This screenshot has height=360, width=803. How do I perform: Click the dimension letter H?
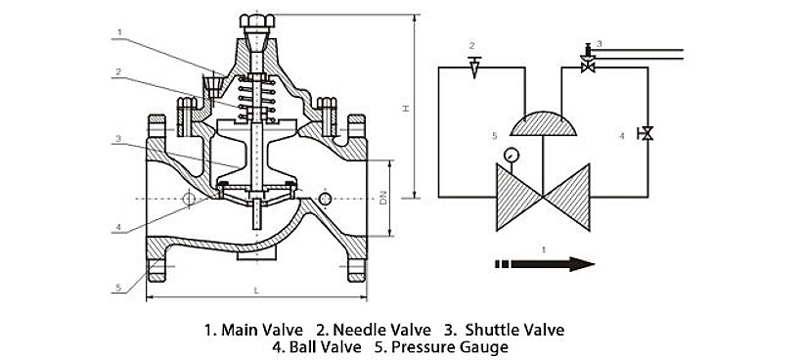[x=405, y=109]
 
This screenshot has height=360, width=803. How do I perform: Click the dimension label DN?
[x=382, y=199]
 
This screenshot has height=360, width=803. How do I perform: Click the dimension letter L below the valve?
[x=256, y=291]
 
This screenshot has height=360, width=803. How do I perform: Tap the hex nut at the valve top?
[x=256, y=21]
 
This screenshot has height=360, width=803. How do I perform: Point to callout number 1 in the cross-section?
[x=118, y=31]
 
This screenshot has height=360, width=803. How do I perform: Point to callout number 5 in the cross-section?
[x=118, y=288]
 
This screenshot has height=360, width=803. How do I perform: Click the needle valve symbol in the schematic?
[x=474, y=67]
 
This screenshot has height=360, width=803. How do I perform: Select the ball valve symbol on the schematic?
[x=647, y=134]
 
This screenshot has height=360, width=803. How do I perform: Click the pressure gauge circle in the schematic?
[x=511, y=155]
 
